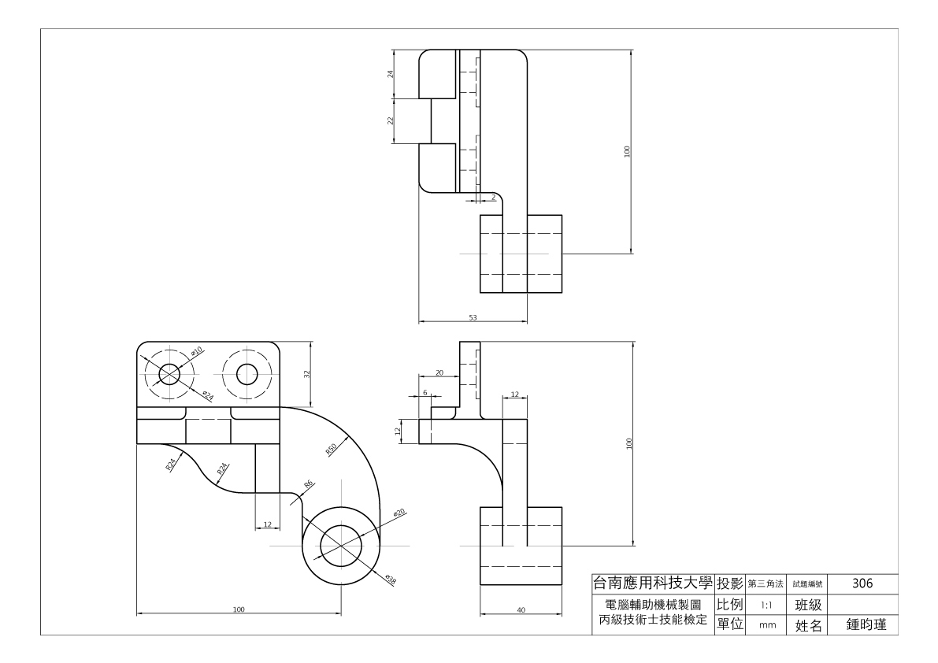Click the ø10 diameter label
197,351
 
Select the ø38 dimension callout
391,579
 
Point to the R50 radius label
332,449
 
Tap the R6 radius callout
309,483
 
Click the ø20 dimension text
399,513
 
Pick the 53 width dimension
473,317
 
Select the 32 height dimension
307,374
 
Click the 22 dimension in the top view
391,120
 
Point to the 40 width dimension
521,609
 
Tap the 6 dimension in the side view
425,393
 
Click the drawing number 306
862,583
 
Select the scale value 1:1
766,605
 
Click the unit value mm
768,625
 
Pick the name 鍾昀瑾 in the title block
866,624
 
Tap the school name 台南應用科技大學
653,583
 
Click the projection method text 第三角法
765,584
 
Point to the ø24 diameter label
208,395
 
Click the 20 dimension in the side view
439,373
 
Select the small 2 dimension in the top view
494,197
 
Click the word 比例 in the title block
730,605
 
